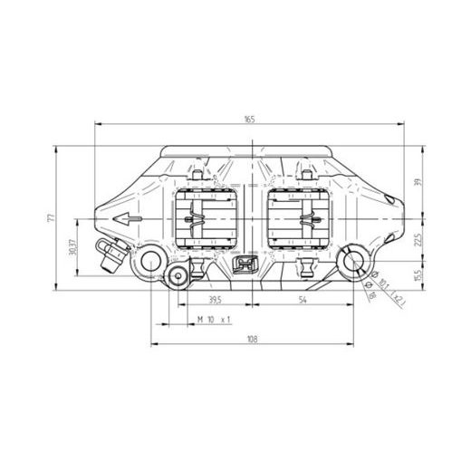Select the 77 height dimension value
(52, 218)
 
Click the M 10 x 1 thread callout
(215, 320)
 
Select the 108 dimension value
(252, 340)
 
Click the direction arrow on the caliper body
(128, 218)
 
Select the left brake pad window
(206, 220)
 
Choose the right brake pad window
(300, 220)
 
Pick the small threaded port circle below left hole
(177, 277)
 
